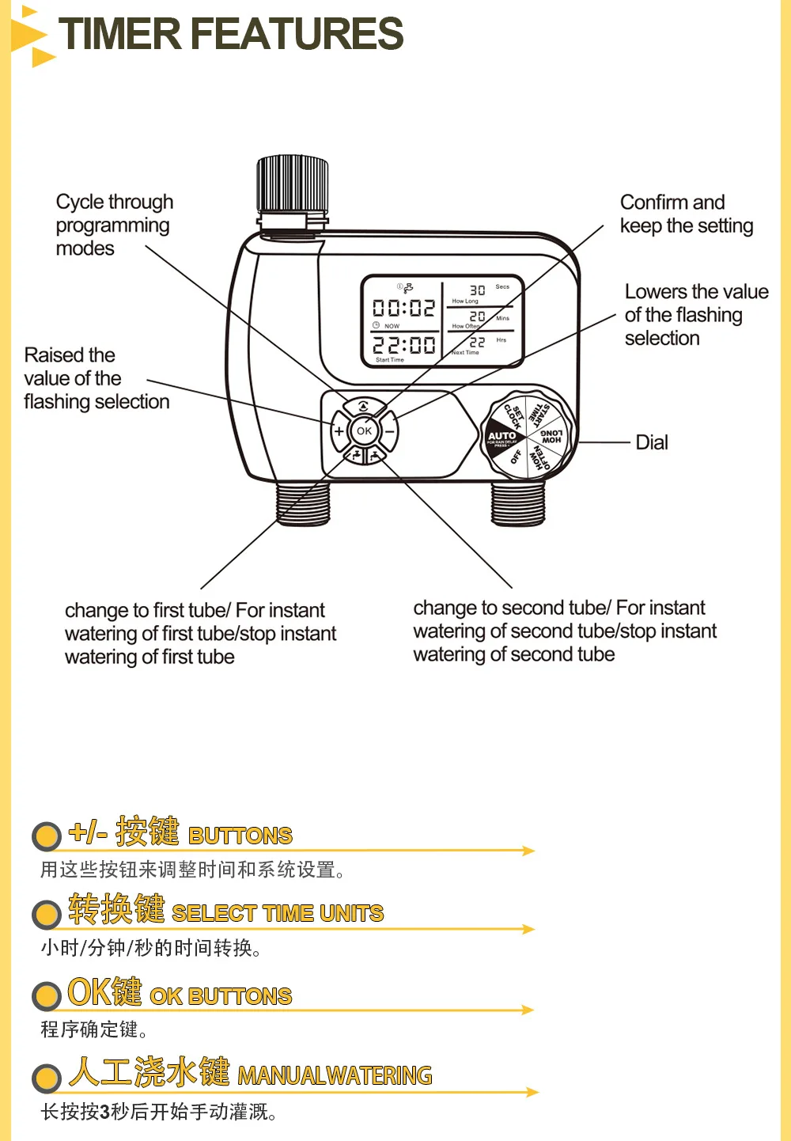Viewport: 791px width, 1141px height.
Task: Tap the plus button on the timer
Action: coord(339,431)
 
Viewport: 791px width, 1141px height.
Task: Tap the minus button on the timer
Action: coord(389,431)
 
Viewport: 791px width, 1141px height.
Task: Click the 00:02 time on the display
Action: coord(403,308)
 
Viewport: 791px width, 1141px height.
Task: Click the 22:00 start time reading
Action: coord(403,345)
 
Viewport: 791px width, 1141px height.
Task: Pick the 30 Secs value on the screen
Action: coord(478,290)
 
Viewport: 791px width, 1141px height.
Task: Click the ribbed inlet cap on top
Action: coord(292,184)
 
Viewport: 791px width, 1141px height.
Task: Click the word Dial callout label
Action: coord(652,442)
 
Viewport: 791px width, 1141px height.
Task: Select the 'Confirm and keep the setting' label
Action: coord(686,214)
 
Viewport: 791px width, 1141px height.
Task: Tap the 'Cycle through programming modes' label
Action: coord(114,225)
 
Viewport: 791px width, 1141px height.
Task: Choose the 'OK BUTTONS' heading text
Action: coord(221,996)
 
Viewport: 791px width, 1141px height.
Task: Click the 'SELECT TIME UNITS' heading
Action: coord(277,913)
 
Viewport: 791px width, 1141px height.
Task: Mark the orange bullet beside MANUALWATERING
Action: coord(47,1077)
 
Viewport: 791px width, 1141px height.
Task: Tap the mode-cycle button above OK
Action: coord(364,407)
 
